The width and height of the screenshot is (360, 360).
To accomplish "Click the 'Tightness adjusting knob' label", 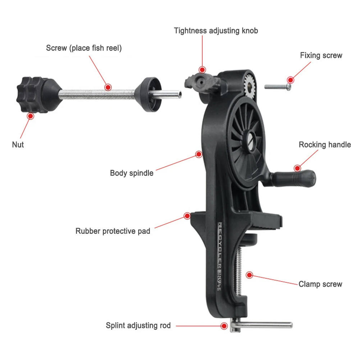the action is pyautogui.click(x=216, y=31).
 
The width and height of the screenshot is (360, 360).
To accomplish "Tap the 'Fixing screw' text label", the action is pyautogui.click(x=321, y=55).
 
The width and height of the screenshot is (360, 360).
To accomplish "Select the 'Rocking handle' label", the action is pyautogui.click(x=325, y=145).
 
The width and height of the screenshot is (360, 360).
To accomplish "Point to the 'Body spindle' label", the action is pyautogui.click(x=132, y=173).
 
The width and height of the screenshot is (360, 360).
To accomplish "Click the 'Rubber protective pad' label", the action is pyautogui.click(x=113, y=231).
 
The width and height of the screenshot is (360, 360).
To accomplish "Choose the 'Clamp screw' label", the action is pyautogui.click(x=320, y=284).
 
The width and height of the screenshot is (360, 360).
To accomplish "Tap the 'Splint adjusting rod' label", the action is pyautogui.click(x=138, y=325).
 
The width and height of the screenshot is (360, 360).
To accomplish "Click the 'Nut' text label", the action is pyautogui.click(x=18, y=145).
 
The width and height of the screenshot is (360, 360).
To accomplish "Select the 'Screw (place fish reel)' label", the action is pyautogui.click(x=84, y=48).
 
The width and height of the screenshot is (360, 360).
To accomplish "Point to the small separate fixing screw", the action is pyautogui.click(x=277, y=86).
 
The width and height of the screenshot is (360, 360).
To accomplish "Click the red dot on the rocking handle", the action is pyautogui.click(x=297, y=168).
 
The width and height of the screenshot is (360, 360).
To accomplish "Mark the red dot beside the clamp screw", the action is pyautogui.click(x=249, y=275).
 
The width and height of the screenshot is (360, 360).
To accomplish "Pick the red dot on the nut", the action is pyautogui.click(x=31, y=115).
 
